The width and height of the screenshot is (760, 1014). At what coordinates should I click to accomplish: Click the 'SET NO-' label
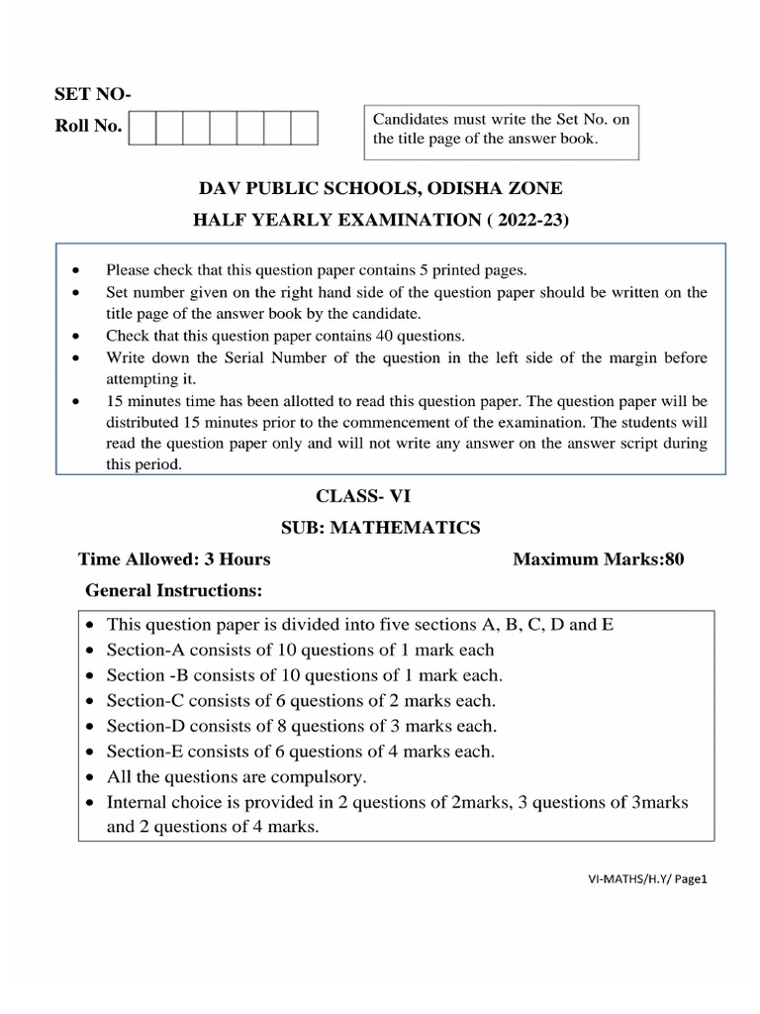point(91,95)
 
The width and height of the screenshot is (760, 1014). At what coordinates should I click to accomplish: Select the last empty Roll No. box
point(304,129)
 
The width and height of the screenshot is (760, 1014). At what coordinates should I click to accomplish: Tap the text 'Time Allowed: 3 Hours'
point(174,559)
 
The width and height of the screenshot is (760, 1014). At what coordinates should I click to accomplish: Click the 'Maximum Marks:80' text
point(598,559)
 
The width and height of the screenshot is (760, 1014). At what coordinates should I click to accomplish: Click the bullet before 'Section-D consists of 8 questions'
point(90,727)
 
